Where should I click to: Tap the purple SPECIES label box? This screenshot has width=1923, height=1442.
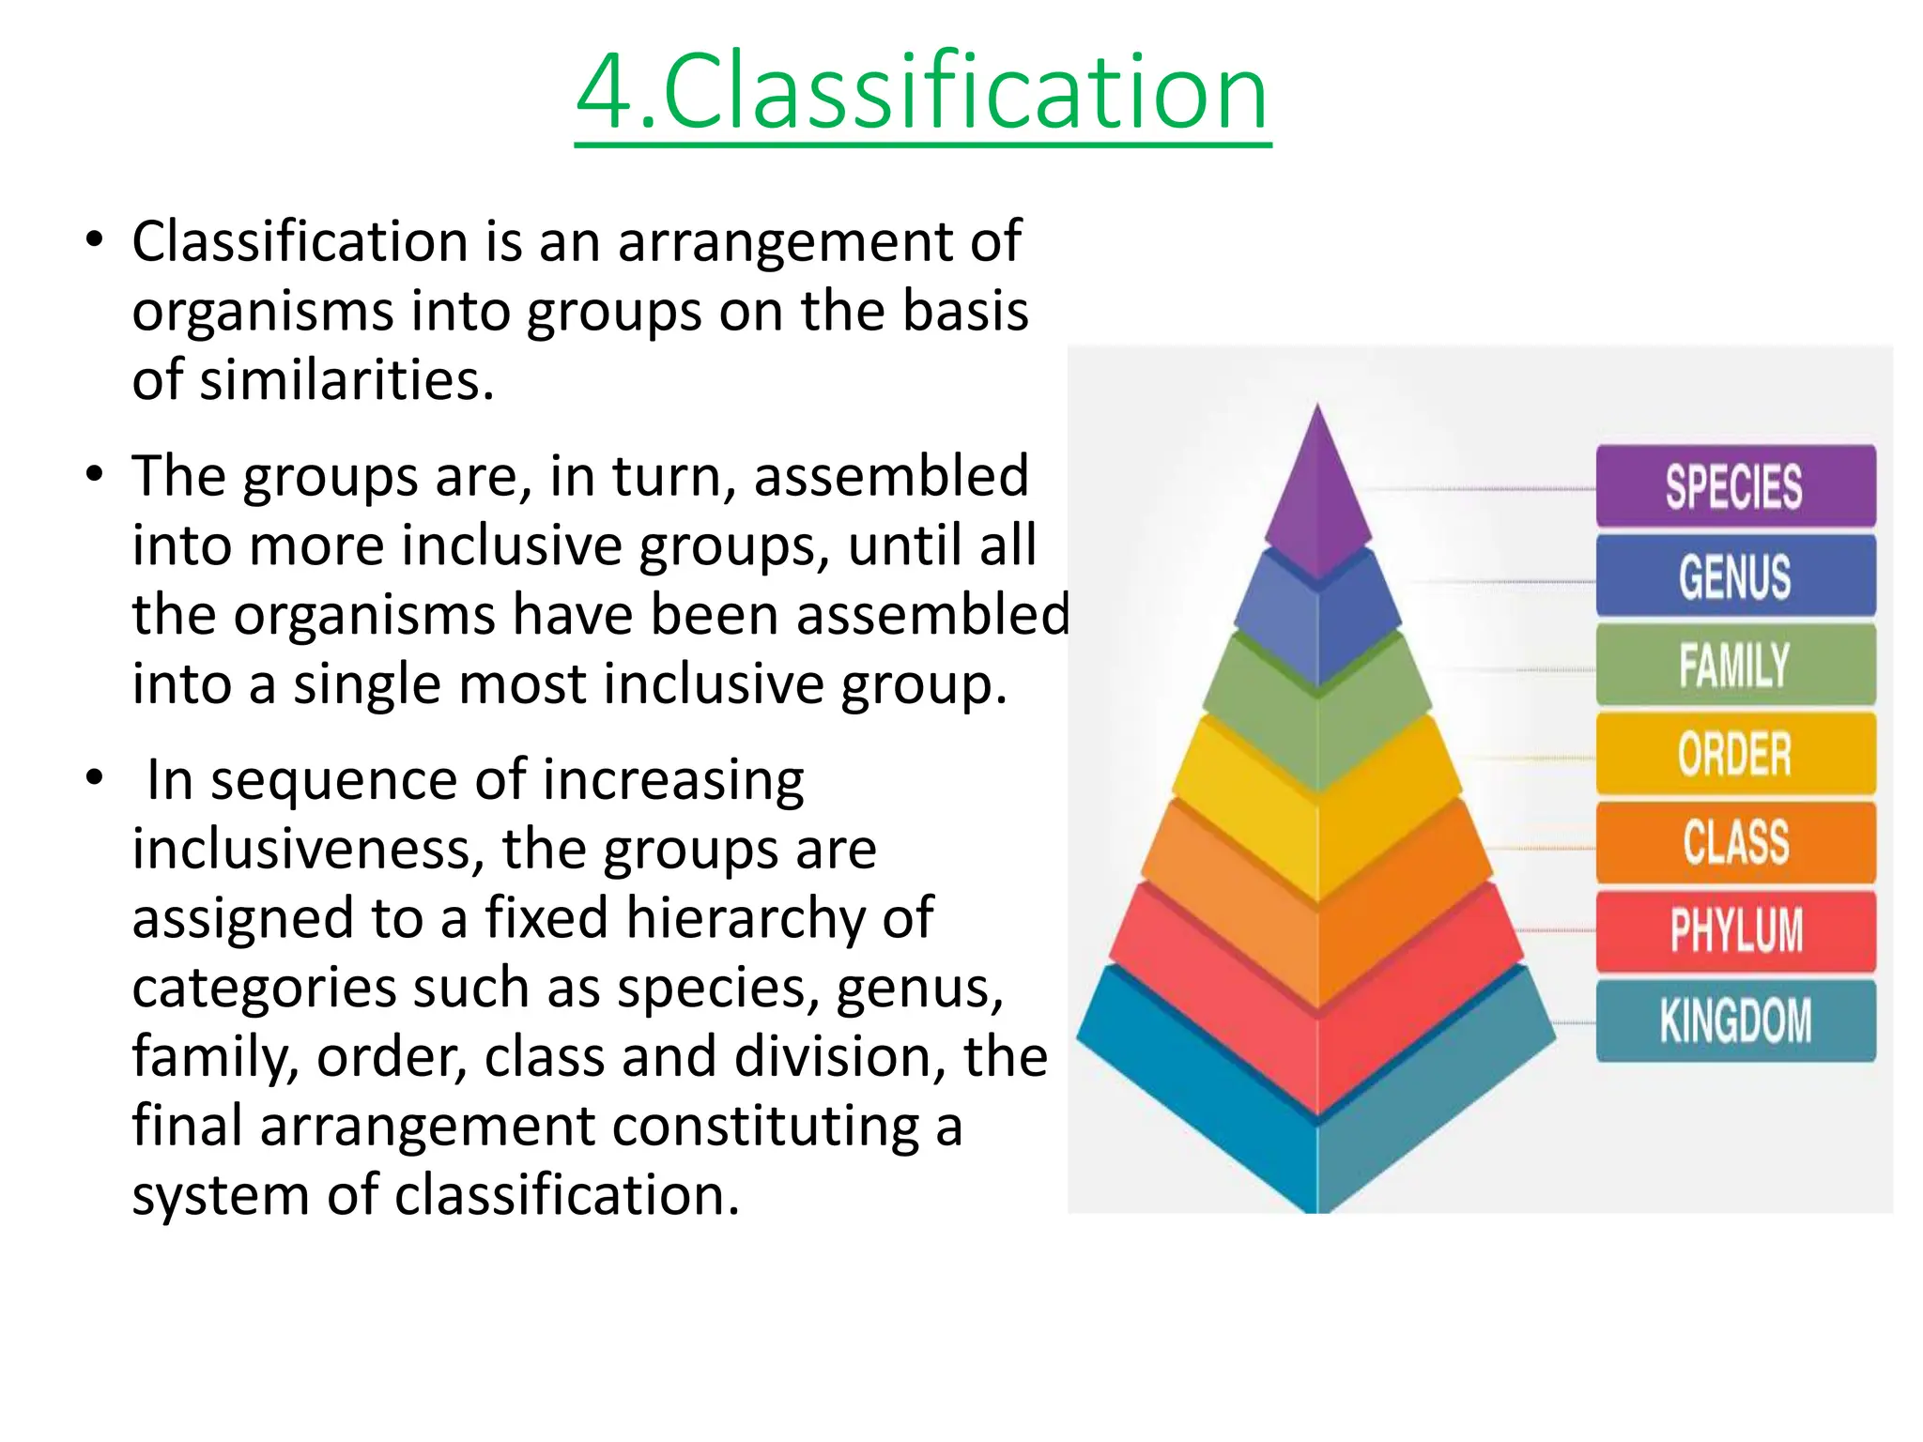(1735, 486)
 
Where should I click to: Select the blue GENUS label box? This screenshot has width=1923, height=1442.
(1735, 575)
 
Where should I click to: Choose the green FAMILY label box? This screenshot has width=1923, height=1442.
(1735, 665)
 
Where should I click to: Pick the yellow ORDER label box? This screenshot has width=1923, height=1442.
(1735, 754)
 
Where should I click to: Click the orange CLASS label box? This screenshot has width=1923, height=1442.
(1735, 842)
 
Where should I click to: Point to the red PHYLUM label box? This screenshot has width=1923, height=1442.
(1735, 930)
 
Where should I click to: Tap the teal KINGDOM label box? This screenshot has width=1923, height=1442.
(1735, 1020)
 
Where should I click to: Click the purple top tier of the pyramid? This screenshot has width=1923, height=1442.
(1317, 498)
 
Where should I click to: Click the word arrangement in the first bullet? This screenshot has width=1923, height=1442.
(786, 241)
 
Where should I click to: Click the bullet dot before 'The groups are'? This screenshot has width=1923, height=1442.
(93, 474)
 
